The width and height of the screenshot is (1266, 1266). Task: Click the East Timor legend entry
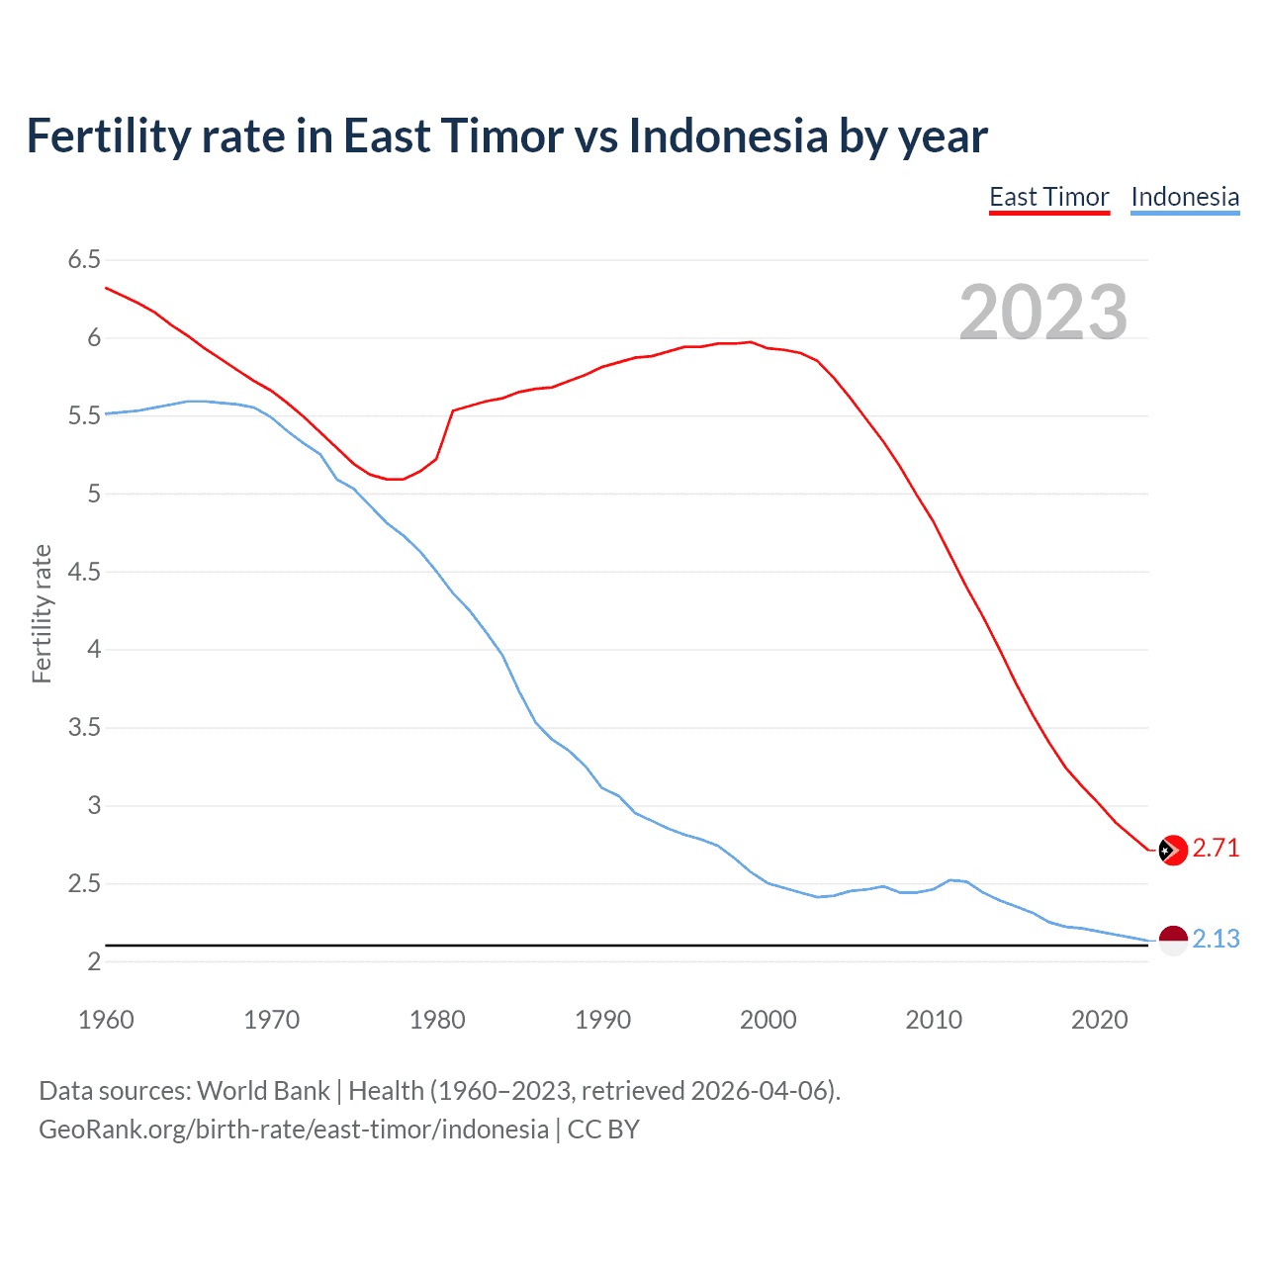(1049, 197)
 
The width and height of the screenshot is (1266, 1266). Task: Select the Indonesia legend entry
(1185, 197)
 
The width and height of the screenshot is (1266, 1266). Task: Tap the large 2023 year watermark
(1043, 313)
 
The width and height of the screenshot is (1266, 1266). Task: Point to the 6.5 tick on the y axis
(84, 260)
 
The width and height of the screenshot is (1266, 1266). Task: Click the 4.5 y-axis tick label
(84, 572)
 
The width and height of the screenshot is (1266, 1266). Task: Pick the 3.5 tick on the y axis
(84, 728)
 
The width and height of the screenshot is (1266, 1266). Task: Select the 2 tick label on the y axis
(94, 961)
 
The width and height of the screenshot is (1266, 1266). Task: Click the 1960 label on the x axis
(106, 1020)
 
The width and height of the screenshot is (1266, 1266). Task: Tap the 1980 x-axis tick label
(437, 1020)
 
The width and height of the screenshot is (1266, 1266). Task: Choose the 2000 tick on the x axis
(769, 1020)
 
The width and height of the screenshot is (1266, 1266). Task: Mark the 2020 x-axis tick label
(1099, 1020)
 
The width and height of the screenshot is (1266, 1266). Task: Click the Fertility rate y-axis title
(42, 613)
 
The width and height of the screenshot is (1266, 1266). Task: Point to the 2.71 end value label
(1216, 849)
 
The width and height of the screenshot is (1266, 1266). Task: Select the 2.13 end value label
(1216, 940)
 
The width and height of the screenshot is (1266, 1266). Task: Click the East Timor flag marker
(1172, 850)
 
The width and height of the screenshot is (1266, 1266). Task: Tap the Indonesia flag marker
(1172, 941)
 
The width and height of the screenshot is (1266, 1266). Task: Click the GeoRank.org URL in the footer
(293, 1130)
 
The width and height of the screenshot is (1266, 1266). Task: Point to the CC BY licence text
(603, 1130)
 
